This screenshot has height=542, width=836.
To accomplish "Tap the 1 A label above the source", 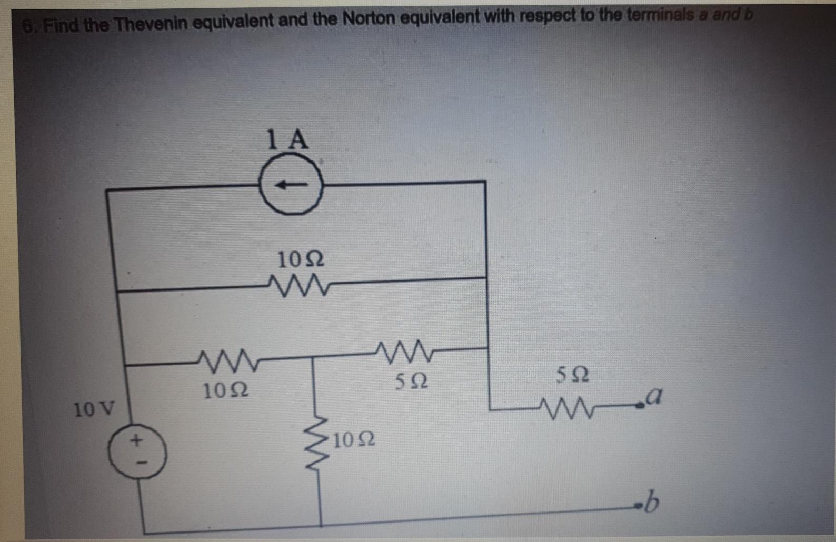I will point(288,139).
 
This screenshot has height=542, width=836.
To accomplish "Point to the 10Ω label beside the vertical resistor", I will point(354,439).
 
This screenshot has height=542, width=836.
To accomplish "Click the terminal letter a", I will point(653,394).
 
